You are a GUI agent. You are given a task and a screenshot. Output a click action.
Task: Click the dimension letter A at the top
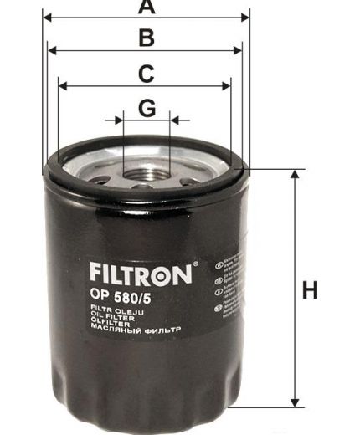pos(147,8)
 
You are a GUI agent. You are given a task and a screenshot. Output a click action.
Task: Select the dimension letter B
pos(146,38)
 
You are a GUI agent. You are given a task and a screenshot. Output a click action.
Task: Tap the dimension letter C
pos(146,74)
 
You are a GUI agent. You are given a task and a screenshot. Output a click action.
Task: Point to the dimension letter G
pos(147,108)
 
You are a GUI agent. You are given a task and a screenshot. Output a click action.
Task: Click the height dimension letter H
pos(311,291)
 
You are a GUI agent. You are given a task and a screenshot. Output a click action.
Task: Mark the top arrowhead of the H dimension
pos(294,174)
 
